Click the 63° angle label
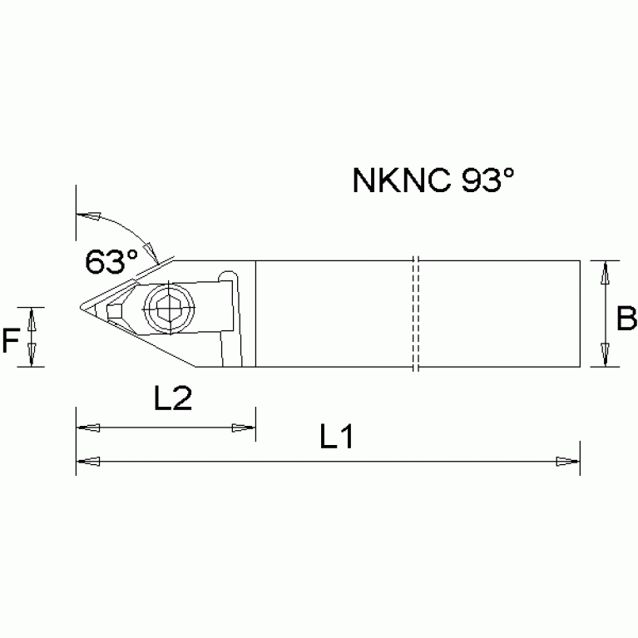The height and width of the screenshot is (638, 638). click(111, 261)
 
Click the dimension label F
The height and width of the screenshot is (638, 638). click(10, 340)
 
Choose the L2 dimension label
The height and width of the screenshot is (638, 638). click(174, 399)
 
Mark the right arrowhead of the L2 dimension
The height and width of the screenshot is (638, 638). click(243, 428)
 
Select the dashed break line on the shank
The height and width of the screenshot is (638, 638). click(414, 313)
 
